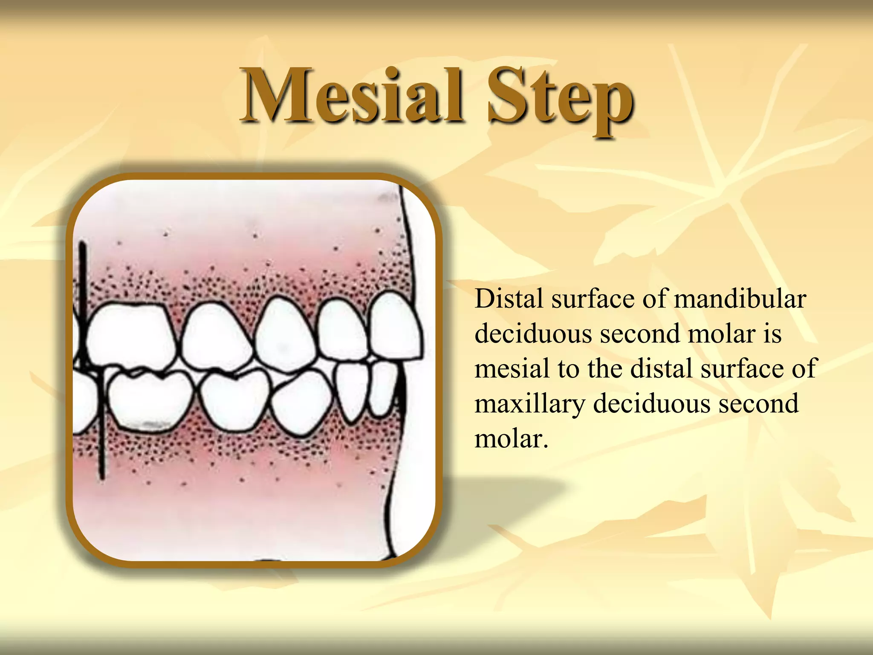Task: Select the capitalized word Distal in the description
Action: tap(509, 299)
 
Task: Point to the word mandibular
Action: tap(740, 299)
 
